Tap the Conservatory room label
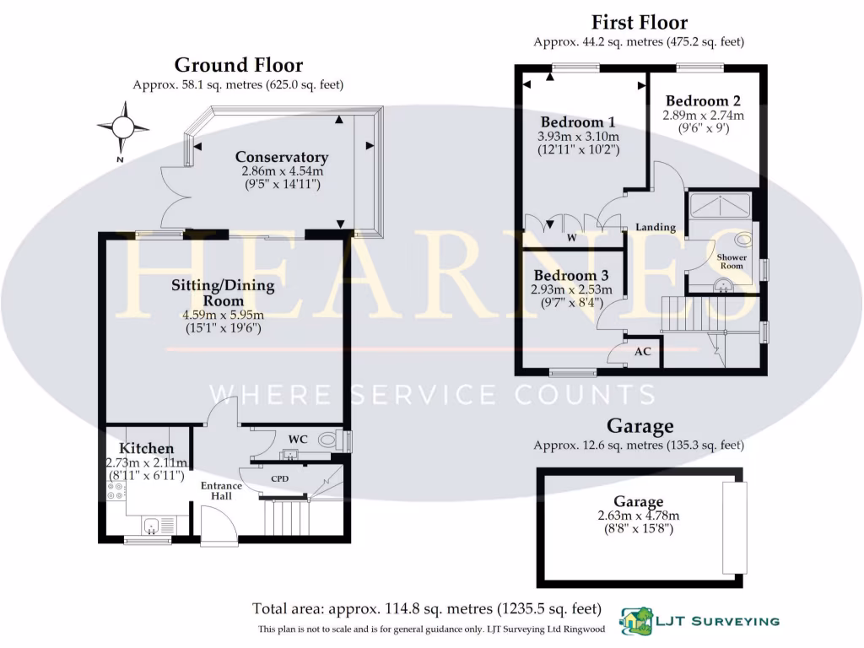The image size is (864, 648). tap(281, 157)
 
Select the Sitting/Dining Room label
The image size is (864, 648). tap(224, 293)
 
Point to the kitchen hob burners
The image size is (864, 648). tap(113, 490)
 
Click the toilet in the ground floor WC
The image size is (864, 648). tap(340, 441)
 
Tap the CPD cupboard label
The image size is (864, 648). tap(279, 478)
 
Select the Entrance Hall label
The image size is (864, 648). tap(221, 491)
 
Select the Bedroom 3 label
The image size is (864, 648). tap(571, 276)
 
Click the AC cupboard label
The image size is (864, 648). tap(642, 351)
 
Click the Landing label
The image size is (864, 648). tap(656, 227)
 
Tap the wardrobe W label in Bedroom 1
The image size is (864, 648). tap(571, 238)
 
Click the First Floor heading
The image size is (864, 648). tap(639, 22)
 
